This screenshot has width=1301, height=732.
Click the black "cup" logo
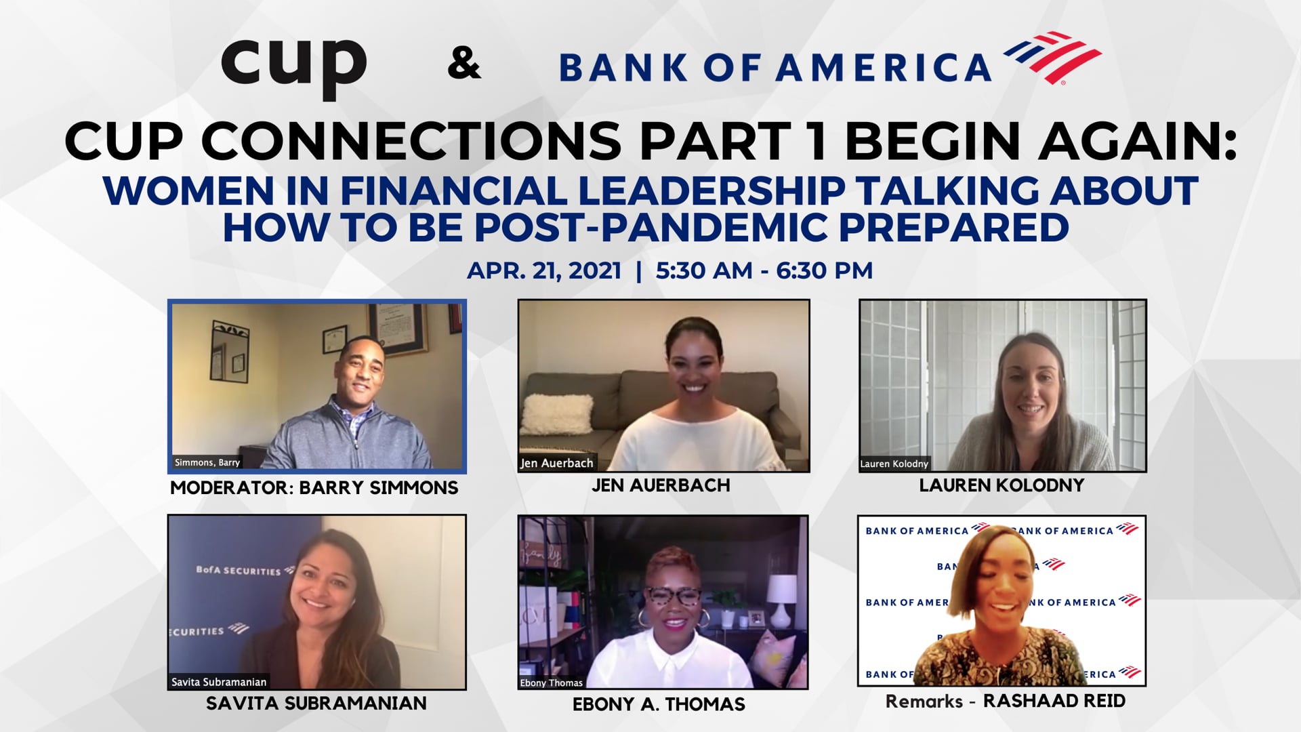[x=293, y=67]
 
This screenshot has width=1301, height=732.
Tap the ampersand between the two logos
[x=464, y=64]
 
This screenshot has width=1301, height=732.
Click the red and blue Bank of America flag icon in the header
[x=1052, y=58]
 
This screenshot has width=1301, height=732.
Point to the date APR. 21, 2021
[x=544, y=270]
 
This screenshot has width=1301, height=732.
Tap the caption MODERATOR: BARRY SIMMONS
[x=314, y=487]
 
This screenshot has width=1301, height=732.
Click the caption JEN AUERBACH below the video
[x=661, y=485]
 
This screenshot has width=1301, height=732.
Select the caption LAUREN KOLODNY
[x=1001, y=485]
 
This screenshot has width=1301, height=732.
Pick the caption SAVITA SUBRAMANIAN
[x=316, y=704]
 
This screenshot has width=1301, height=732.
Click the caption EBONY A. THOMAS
[x=659, y=704]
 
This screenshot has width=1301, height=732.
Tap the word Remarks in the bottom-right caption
[x=924, y=701]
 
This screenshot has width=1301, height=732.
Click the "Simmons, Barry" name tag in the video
[x=207, y=462]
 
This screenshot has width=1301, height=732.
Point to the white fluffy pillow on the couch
[x=557, y=414]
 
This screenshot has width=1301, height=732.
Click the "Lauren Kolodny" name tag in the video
[x=894, y=464]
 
